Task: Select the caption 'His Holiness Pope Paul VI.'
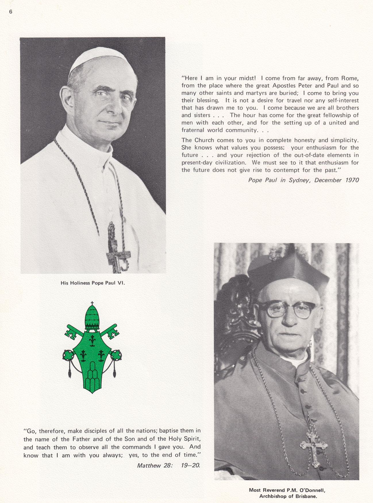[x=93, y=283]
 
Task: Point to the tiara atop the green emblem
[x=92, y=318]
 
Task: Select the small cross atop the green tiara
[x=92, y=303]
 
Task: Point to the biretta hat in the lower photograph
[x=287, y=267]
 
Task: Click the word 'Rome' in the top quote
[x=350, y=78]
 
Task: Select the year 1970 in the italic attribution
[x=351, y=180]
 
